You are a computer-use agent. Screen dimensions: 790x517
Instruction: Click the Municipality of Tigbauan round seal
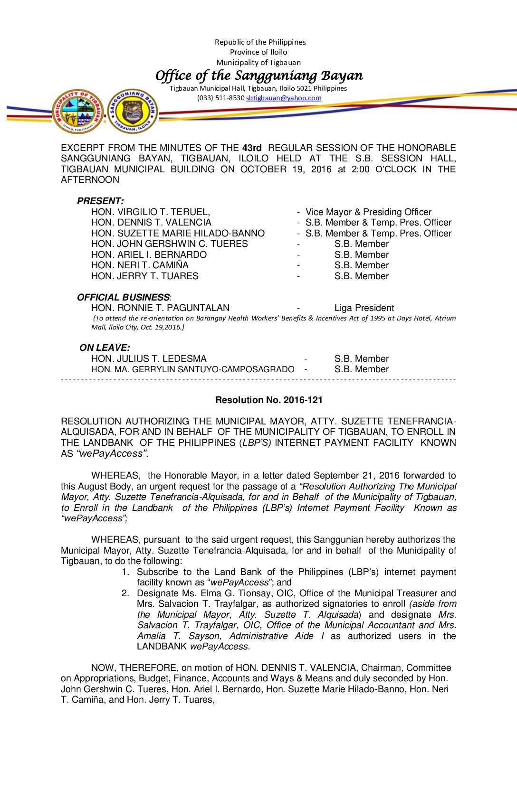pyautogui.click(x=78, y=111)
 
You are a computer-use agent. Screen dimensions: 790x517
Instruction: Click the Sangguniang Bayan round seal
pyautogui.click(x=133, y=111)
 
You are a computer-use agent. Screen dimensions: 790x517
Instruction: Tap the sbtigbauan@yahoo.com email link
pyautogui.click(x=284, y=98)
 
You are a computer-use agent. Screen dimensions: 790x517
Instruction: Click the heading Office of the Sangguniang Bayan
pyautogui.click(x=259, y=75)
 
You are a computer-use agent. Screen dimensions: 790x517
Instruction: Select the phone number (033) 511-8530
pyautogui.click(x=220, y=98)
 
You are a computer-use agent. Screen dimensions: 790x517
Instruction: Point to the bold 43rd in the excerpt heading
pyautogui.click(x=252, y=148)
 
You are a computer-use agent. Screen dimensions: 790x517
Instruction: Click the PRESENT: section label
pyautogui.click(x=100, y=201)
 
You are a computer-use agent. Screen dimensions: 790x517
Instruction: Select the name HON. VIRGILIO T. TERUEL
pyautogui.click(x=150, y=212)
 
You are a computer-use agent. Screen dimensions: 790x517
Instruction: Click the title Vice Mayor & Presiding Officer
pyautogui.click(x=368, y=212)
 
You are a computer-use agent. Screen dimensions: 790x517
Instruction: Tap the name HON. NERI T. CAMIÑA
pyautogui.click(x=140, y=265)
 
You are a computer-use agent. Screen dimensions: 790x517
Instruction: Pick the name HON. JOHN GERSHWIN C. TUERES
pyautogui.click(x=169, y=244)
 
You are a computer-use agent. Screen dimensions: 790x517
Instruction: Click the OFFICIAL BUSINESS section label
pyautogui.click(x=123, y=297)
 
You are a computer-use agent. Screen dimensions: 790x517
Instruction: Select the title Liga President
pyautogui.click(x=364, y=308)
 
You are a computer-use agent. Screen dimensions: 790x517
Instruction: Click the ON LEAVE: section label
pyautogui.click(x=105, y=348)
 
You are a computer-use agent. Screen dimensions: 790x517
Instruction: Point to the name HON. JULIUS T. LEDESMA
pyautogui.click(x=149, y=358)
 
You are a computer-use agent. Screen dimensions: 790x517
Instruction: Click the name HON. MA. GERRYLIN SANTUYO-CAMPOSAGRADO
pyautogui.click(x=192, y=369)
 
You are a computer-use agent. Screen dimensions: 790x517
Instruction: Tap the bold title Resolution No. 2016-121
pyautogui.click(x=268, y=400)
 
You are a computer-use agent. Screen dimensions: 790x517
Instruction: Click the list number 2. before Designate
pyautogui.click(x=125, y=593)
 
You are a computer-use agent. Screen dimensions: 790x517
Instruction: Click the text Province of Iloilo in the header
pyautogui.click(x=258, y=52)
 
